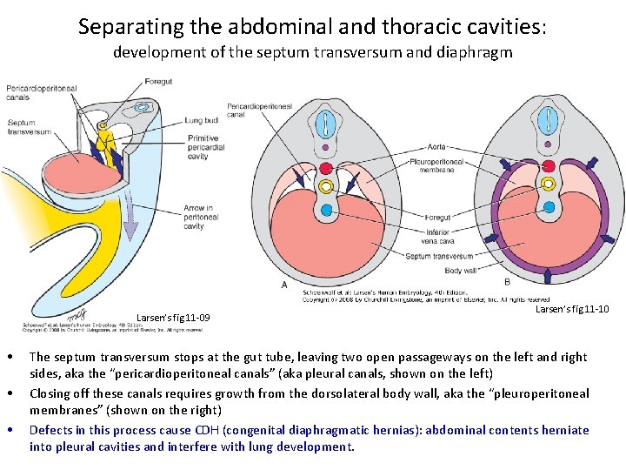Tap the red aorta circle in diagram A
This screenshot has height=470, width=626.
pyautogui.click(x=327, y=167)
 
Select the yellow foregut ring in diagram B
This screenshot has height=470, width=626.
pyautogui.click(x=549, y=184)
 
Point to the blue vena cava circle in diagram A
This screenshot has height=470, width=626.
pyautogui.click(x=327, y=209)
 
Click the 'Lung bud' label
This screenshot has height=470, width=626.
pyautogui.click(x=202, y=120)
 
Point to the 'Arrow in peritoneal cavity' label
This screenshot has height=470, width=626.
pyautogui.click(x=201, y=218)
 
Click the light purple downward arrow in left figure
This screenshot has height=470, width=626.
pyautogui.click(x=130, y=223)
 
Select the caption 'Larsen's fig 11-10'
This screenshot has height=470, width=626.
pyautogui.click(x=571, y=309)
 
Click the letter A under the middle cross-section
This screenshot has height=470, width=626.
pyautogui.click(x=284, y=285)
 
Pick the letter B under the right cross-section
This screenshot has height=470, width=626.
pyautogui.click(x=507, y=281)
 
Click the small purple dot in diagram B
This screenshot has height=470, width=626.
pyautogui.click(x=549, y=145)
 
